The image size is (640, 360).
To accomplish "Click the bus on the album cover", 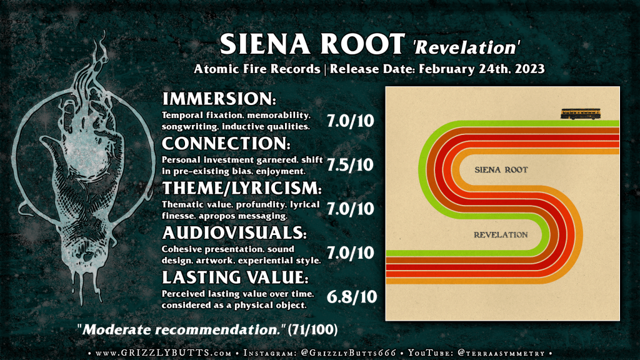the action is point(581,114).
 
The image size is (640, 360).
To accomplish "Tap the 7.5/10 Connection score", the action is point(350,164).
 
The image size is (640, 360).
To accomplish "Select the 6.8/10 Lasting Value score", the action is point(351,297).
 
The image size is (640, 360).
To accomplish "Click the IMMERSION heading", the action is point(219,99).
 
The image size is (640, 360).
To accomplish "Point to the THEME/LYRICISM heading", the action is point(242,188).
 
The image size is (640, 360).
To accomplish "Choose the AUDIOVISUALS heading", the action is point(234,232).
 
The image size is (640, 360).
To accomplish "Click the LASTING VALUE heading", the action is point(235,277).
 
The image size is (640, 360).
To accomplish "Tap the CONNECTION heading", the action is point(226,144).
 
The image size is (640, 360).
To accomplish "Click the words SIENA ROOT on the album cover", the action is point(501,170).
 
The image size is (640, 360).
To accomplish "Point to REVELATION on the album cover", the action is point(501,235).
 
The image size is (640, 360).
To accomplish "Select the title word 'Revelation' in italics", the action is point(466,47).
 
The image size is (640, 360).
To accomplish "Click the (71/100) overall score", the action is point(313,329).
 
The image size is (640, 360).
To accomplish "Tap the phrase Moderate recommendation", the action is point(181,329).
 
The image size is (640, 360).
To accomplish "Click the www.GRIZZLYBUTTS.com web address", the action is point(163,352).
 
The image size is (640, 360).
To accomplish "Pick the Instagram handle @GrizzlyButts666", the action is point(349,352).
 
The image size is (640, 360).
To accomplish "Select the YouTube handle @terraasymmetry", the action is point(502,353).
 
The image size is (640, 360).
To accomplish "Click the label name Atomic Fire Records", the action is point(257,69).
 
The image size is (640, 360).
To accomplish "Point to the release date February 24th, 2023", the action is point(482,69).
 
